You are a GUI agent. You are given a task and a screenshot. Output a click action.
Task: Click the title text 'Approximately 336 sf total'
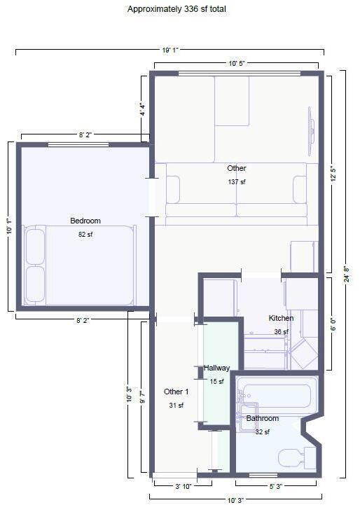(x=176, y=9)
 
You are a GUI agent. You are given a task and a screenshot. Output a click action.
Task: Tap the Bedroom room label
(x=85, y=221)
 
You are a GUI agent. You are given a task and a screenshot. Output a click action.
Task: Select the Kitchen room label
(x=281, y=318)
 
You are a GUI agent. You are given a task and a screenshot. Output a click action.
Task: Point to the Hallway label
(x=216, y=368)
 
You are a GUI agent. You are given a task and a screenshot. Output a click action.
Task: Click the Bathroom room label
(x=262, y=419)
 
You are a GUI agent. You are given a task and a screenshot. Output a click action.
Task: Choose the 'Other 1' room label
(x=176, y=392)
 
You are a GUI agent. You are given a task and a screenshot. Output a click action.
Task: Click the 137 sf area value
(x=237, y=182)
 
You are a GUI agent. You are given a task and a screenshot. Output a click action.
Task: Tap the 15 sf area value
(x=216, y=382)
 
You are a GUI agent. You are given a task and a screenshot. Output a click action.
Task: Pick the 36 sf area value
(x=281, y=332)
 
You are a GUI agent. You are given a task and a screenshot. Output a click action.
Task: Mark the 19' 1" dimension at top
(x=169, y=50)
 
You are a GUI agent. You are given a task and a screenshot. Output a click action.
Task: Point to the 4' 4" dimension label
(x=143, y=108)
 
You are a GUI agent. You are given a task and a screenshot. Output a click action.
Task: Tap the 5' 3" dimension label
(x=277, y=485)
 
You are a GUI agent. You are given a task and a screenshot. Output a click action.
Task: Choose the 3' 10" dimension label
(x=183, y=485)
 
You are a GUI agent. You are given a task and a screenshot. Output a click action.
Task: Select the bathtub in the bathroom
(x=274, y=395)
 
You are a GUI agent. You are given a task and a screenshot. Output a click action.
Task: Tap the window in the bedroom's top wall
(x=78, y=145)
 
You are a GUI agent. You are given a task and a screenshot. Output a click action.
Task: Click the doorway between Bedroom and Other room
(x=151, y=198)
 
